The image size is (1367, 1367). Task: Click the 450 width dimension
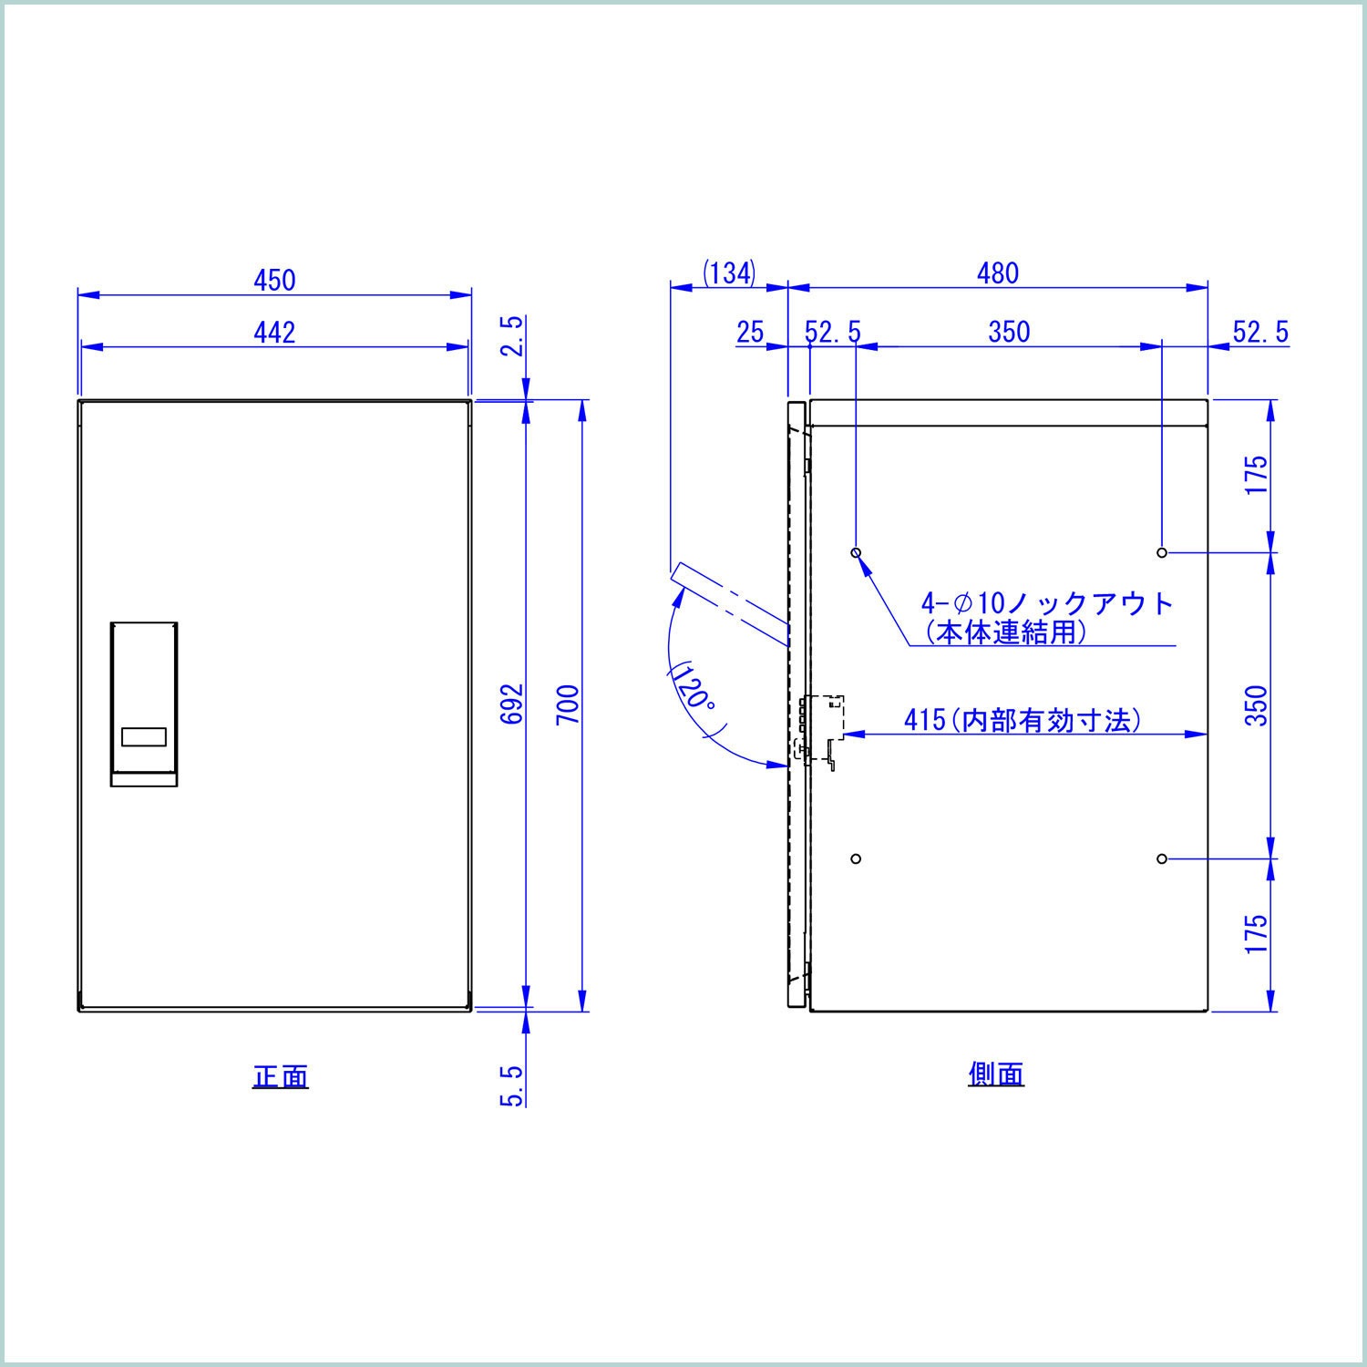tap(274, 280)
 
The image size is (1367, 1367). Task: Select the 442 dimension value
tap(274, 333)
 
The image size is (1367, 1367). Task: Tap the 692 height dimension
tap(514, 704)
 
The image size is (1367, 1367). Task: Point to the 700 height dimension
tap(568, 704)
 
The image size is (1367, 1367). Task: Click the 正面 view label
tap(281, 1076)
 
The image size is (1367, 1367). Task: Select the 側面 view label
tap(996, 1074)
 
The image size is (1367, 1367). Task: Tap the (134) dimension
tap(729, 272)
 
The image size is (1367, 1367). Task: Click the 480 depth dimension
tap(998, 272)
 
